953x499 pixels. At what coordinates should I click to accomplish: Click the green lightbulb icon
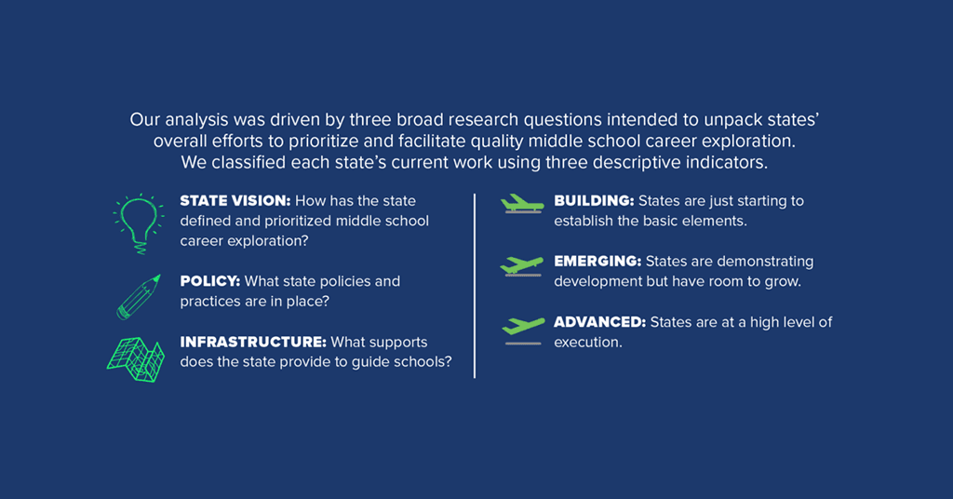[139, 223]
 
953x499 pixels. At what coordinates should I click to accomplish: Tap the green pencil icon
[139, 297]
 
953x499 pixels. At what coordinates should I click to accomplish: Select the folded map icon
[136, 359]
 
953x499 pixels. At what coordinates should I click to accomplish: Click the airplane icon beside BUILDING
[522, 204]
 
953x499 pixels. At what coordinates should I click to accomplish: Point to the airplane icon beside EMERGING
[521, 266]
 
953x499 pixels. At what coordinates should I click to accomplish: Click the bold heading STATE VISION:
[235, 200]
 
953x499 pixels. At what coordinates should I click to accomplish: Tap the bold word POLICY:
[210, 281]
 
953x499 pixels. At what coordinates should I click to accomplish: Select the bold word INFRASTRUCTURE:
[253, 343]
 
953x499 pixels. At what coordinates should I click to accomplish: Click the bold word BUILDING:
[594, 200]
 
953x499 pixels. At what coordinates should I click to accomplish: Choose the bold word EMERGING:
[597, 262]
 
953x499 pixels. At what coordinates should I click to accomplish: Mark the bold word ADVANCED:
[600, 322]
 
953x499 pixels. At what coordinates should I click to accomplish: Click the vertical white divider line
[474, 286]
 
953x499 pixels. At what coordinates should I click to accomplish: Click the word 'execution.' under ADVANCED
[588, 343]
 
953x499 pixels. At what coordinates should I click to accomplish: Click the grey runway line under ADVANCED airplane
[523, 344]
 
